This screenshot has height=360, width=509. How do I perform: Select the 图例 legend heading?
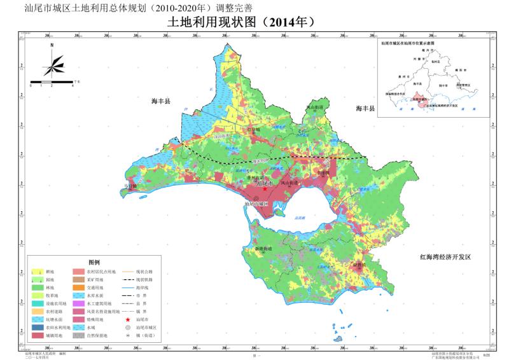[x=95, y=262]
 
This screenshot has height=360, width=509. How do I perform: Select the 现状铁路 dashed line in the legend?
[x=128, y=279]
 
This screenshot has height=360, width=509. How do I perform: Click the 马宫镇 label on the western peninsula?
[x=130, y=187]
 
